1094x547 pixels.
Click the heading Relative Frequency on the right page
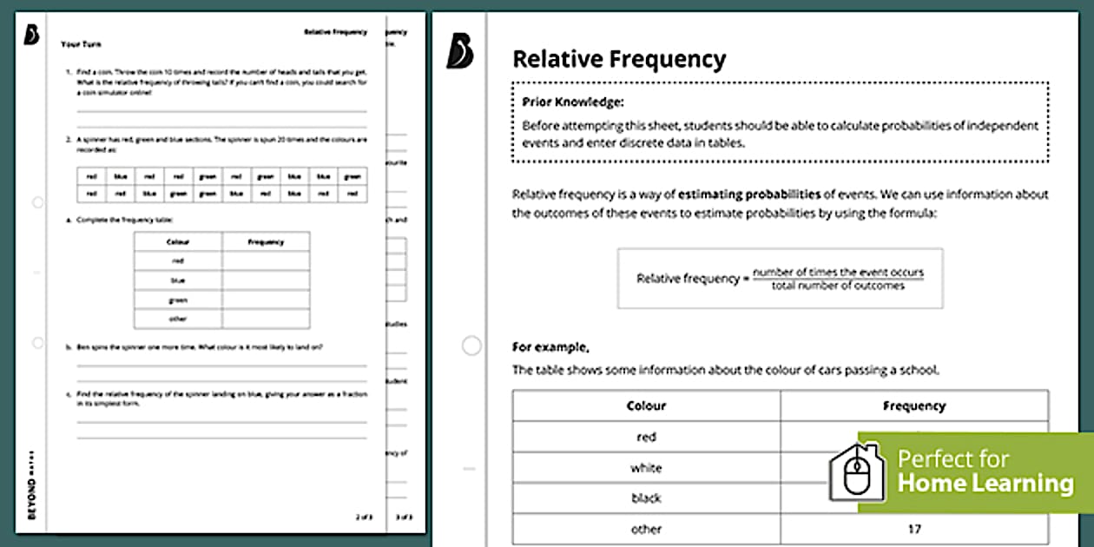(619, 59)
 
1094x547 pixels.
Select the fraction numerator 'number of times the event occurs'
(838, 272)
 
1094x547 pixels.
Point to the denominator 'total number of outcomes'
(838, 286)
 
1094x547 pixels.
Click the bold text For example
(550, 347)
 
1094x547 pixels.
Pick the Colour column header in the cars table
(646, 405)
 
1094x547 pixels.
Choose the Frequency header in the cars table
(913, 405)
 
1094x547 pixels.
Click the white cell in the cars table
(646, 468)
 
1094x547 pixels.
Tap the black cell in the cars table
(646, 498)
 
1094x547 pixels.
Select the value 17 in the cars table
(913, 528)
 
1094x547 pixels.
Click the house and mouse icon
(857, 472)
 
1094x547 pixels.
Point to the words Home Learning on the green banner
(985, 483)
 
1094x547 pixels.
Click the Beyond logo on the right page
(459, 51)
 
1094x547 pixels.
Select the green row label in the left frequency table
(178, 300)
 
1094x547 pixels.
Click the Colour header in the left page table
(178, 241)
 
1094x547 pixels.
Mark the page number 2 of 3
(363, 517)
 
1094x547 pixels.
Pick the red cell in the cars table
(646, 437)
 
